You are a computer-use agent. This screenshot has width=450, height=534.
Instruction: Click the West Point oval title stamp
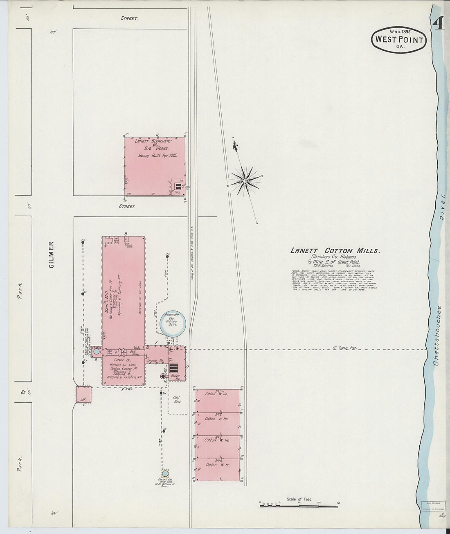pos(398,40)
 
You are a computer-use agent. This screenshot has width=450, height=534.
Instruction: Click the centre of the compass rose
pos(245,180)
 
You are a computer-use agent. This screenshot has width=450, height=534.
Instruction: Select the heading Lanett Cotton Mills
pos(335,251)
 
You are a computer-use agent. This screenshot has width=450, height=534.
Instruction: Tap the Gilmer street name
pos(52,255)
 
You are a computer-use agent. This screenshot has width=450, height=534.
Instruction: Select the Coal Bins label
pos(177,400)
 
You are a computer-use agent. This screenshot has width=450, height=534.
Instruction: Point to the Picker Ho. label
pos(122,360)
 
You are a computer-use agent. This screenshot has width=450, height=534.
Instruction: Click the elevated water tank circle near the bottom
pos(165,473)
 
